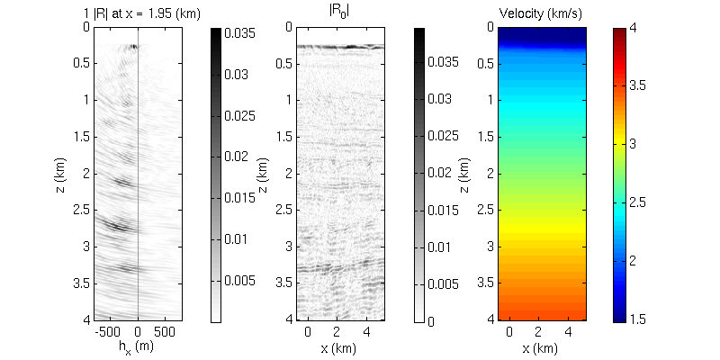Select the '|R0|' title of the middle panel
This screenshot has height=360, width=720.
coord(339,13)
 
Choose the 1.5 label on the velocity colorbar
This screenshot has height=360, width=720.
coord(648,320)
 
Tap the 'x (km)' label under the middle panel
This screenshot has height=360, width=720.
coord(339,346)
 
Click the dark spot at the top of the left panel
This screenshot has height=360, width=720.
coord(133,46)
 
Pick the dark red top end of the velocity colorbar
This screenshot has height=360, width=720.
coord(621,32)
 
